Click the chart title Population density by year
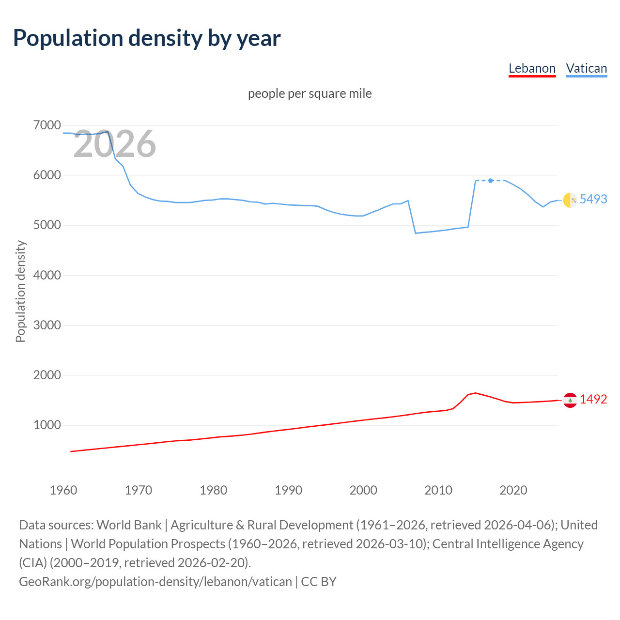click(147, 38)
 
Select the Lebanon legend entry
click(532, 68)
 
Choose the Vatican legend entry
click(586, 68)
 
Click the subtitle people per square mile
click(310, 93)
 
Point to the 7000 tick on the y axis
click(47, 125)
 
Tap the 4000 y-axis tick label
click(47, 275)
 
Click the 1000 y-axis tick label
click(47, 425)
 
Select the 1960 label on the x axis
click(63, 490)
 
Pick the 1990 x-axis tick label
click(288, 490)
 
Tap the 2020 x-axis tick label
click(513, 490)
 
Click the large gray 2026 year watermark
click(115, 144)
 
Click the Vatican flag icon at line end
click(570, 200)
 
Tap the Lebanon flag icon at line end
click(570, 400)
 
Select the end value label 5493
click(593, 199)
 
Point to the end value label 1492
click(593, 399)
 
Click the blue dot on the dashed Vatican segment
click(491, 181)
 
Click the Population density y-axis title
click(20, 292)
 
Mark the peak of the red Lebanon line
click(475, 393)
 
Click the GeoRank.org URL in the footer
click(155, 581)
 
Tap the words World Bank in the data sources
click(129, 525)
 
